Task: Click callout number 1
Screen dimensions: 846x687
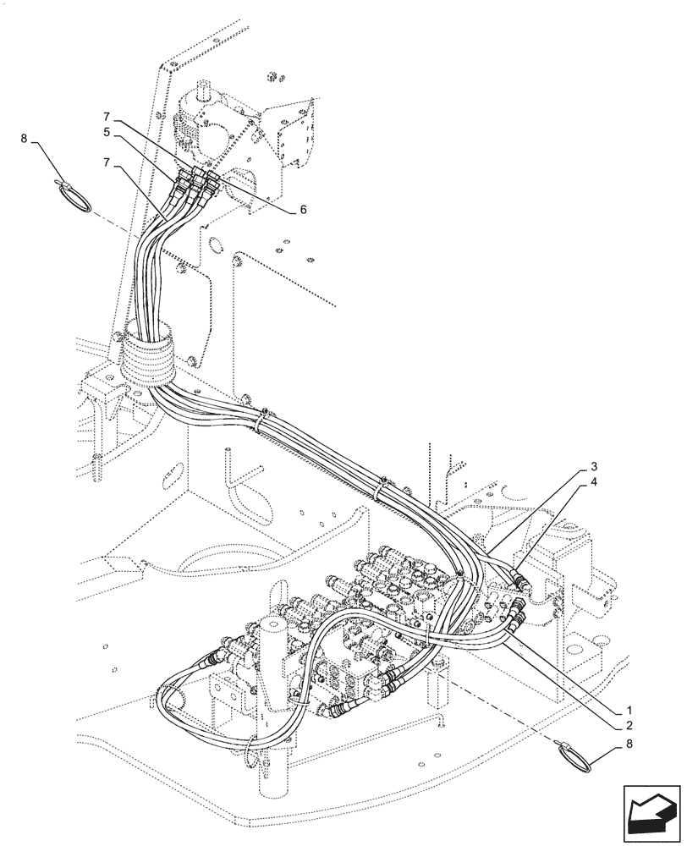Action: click(x=629, y=709)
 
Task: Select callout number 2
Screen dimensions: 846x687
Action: click(x=629, y=726)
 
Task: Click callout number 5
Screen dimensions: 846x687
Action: click(x=107, y=132)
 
